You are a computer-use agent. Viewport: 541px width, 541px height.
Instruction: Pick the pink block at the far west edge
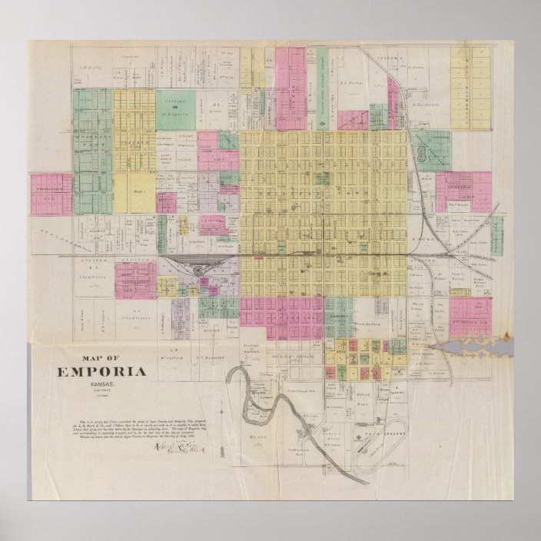pyautogui.click(x=52, y=194)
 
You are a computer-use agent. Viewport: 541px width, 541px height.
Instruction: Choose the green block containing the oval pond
pyautogui.click(x=430, y=149)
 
